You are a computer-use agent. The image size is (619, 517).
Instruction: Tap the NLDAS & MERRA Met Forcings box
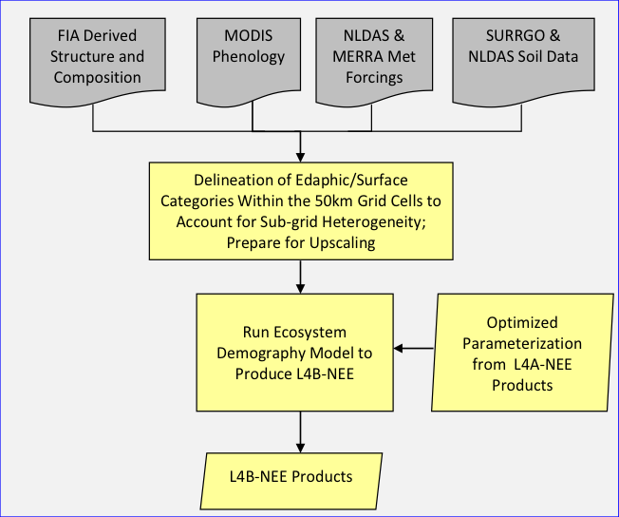(374, 57)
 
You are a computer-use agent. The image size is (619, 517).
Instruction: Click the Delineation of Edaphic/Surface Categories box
(300, 210)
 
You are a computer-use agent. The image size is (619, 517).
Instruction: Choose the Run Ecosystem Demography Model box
(295, 353)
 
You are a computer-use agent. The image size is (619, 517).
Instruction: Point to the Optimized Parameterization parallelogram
(521, 353)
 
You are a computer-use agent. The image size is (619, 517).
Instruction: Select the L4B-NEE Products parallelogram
(294, 476)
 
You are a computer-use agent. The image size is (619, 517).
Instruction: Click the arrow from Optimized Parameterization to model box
(414, 349)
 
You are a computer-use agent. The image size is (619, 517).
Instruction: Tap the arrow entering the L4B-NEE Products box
(300, 432)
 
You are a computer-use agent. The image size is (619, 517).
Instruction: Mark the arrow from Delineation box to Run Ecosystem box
(300, 276)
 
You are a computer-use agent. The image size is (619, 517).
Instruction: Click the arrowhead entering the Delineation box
(300, 154)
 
